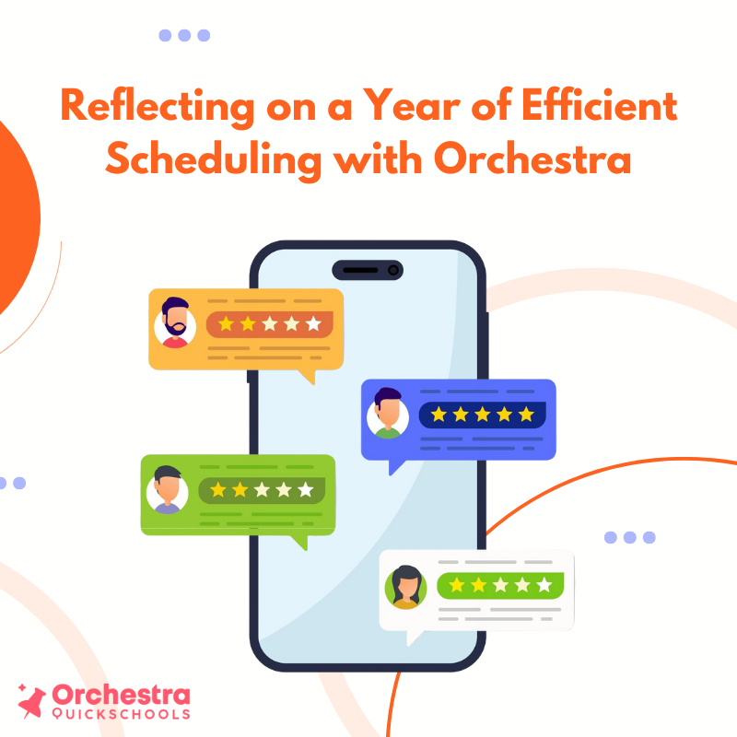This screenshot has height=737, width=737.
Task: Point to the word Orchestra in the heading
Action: click(x=532, y=159)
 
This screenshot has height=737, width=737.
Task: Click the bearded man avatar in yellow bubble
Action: click(x=175, y=323)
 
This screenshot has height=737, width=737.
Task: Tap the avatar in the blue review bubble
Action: click(x=388, y=414)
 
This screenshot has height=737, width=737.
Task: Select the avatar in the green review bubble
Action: click(x=168, y=489)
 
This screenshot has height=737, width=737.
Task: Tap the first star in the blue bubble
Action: click(x=439, y=415)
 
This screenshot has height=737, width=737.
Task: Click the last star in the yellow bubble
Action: click(x=314, y=324)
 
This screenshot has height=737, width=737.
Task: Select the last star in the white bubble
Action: click(x=544, y=585)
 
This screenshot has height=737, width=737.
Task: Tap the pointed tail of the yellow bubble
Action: click(x=307, y=376)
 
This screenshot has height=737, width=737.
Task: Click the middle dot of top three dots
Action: click(x=184, y=35)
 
